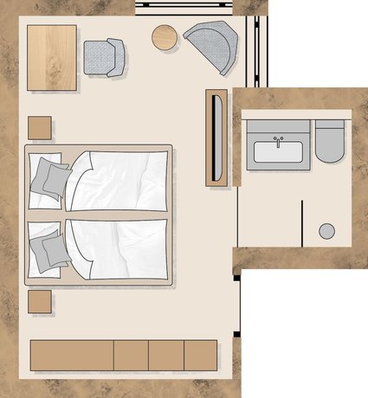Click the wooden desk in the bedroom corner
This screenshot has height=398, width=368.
(52, 57)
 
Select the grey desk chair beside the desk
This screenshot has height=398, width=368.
(104, 57)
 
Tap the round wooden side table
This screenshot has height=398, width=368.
(165, 37)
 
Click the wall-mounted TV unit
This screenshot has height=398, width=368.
(216, 137)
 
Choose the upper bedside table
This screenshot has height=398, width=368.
(40, 128)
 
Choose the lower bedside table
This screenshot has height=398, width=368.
(40, 302)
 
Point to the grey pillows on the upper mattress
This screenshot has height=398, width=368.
(50, 177)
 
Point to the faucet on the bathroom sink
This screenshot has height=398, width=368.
(278, 139)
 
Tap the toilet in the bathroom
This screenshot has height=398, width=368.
(330, 141)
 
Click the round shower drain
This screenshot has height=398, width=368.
(326, 230)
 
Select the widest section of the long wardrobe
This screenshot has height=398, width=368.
(72, 355)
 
